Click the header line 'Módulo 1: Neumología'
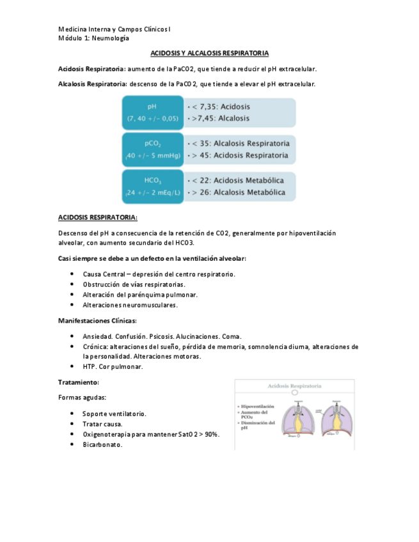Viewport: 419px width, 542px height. coord(88,38)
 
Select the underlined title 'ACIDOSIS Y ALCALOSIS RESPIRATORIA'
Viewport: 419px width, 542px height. coord(209,53)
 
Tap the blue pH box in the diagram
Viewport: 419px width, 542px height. coord(152,112)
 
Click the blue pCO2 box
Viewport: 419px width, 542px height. coord(152,150)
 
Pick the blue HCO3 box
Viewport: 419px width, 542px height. coord(152,187)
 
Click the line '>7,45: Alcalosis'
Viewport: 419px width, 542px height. coord(219,119)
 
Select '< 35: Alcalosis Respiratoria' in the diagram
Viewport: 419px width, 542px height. coord(237,144)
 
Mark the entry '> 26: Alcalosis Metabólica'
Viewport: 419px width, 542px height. coord(237,192)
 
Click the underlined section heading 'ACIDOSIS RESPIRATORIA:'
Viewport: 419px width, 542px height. coord(97,217)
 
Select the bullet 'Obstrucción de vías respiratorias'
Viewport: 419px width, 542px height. coord(134,284)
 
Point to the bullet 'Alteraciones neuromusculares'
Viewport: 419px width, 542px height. coord(130,305)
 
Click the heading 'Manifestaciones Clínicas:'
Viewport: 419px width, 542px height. coord(97,320)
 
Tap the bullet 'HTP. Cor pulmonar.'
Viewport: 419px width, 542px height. coord(113,367)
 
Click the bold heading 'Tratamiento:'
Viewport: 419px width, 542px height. coord(78,382)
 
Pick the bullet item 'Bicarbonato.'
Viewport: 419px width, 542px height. coord(102,445)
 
